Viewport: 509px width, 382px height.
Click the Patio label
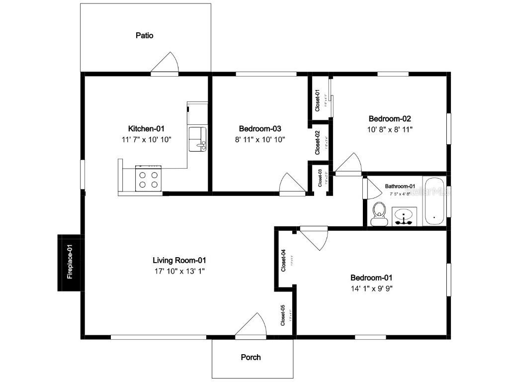(x=145, y=36)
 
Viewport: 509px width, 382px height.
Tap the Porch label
(x=251, y=357)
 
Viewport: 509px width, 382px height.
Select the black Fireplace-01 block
(x=70, y=263)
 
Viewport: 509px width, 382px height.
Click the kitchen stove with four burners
(x=149, y=180)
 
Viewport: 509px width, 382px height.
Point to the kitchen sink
(x=198, y=138)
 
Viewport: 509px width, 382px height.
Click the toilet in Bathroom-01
(x=379, y=213)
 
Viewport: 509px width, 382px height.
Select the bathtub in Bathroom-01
(x=434, y=201)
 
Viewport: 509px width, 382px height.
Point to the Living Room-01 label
(x=179, y=260)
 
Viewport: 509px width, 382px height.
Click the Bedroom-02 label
(x=390, y=119)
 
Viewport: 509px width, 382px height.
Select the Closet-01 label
(x=318, y=99)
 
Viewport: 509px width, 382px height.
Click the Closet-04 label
(x=283, y=260)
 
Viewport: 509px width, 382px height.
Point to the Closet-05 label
(x=283, y=315)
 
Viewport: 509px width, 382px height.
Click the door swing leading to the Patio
(x=166, y=63)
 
